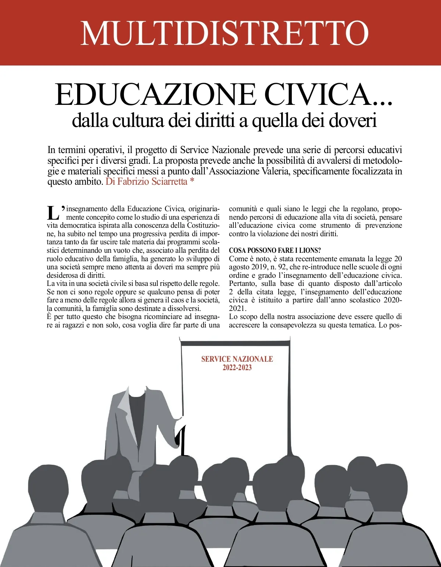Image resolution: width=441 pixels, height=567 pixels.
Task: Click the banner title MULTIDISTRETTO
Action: pyautogui.click(x=224, y=33)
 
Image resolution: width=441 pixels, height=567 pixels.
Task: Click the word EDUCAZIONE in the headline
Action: pyautogui.click(x=155, y=95)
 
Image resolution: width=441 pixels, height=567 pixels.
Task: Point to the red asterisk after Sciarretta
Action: pyautogui.click(x=192, y=181)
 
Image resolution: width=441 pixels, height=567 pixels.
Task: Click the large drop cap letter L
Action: pyautogui.click(x=53, y=213)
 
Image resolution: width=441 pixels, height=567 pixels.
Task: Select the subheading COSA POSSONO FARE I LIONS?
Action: pyautogui.click(x=275, y=251)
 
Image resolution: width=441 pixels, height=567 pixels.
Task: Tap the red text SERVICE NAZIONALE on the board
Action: pyautogui.click(x=237, y=359)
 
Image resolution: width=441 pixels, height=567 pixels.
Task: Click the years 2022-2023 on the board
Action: pyautogui.click(x=237, y=368)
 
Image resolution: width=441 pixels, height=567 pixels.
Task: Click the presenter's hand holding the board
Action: pyautogui.click(x=179, y=419)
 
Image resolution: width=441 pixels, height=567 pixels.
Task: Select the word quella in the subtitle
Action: pyautogui.click(x=274, y=121)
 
